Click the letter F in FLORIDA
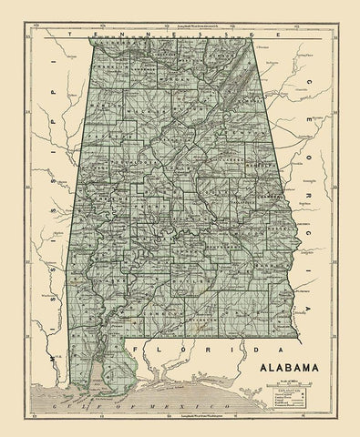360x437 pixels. [138, 349]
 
